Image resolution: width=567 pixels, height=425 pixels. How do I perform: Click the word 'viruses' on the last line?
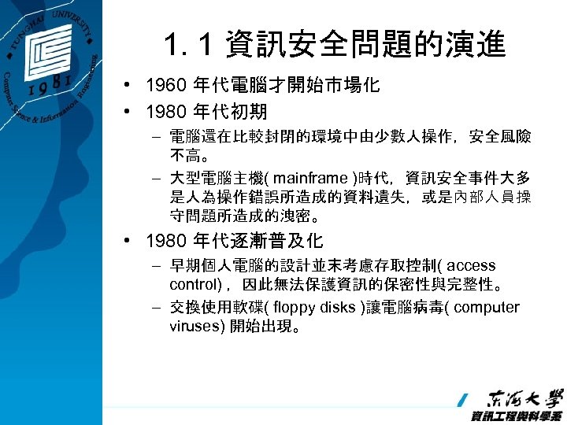pos(195,325)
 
